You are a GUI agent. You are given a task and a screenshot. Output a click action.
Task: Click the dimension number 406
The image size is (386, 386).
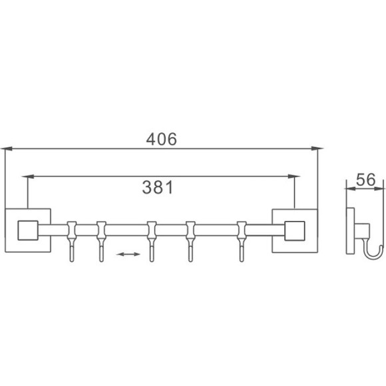[161, 138]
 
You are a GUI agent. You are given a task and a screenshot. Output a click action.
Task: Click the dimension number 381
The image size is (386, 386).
[158, 188]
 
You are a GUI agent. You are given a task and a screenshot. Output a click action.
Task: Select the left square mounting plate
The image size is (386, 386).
[27, 230]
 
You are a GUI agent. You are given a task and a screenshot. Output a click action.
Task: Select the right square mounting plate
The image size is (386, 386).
[293, 230]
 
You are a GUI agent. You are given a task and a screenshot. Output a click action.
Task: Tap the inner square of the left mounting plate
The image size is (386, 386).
[27, 230]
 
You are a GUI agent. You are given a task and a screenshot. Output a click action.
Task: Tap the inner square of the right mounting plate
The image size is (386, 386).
[293, 230]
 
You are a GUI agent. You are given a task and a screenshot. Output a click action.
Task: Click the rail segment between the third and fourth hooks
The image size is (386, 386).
[172, 230]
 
